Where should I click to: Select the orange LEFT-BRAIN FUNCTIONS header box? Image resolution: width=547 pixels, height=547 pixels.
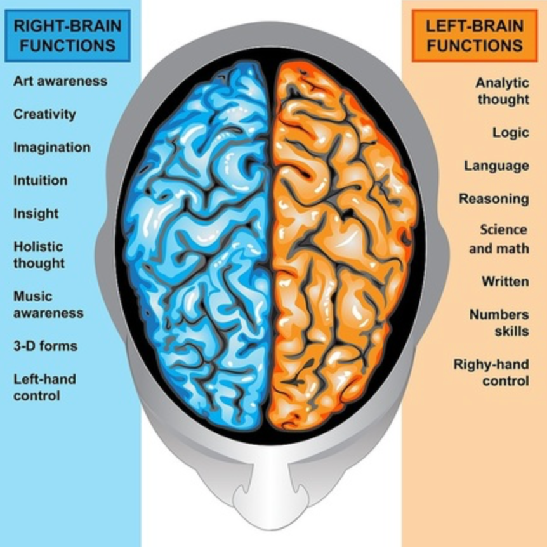(475, 36)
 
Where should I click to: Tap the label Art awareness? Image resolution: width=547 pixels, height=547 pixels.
(60, 81)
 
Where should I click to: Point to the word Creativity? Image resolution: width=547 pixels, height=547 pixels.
(44, 114)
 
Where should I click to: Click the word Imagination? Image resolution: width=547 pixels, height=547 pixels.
(52, 147)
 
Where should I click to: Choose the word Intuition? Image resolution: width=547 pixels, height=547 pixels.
(40, 180)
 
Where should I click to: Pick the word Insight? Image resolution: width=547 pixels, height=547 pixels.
(36, 213)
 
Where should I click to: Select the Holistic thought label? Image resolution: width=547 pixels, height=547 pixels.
(39, 254)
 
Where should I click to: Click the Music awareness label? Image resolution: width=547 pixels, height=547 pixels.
(48, 305)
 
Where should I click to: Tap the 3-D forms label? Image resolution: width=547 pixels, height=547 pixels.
(45, 346)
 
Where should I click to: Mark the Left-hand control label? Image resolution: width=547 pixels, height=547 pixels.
(44, 387)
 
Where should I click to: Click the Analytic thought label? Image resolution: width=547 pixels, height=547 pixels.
(503, 91)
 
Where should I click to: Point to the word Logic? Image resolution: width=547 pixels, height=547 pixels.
(511, 133)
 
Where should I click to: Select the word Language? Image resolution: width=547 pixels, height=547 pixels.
(496, 166)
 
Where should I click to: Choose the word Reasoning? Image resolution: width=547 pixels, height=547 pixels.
(494, 199)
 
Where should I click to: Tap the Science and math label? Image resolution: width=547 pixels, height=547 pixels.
(499, 239)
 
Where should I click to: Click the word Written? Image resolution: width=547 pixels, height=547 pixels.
(505, 281)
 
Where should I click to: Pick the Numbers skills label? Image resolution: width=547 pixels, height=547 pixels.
(499, 322)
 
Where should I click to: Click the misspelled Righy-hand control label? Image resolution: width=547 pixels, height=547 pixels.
(491, 372)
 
